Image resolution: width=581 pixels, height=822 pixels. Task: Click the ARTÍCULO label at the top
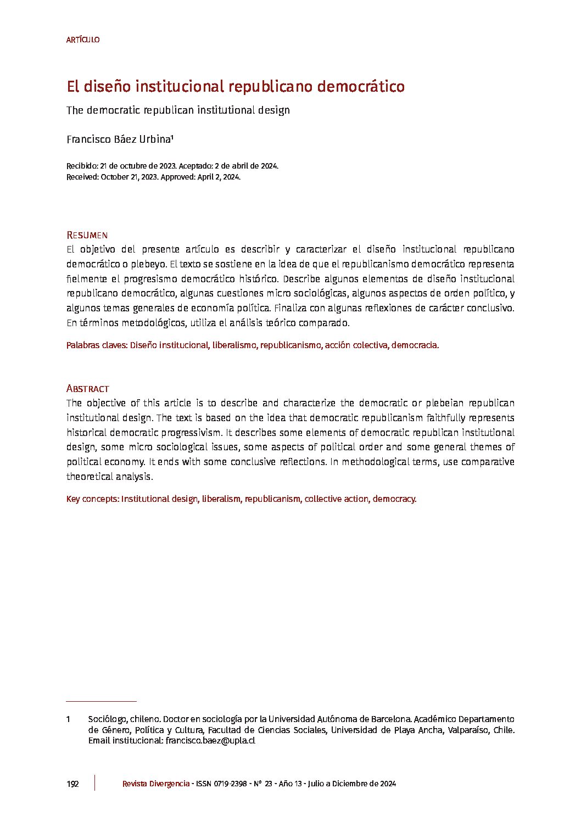(x=82, y=40)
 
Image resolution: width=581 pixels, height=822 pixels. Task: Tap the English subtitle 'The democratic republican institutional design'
(x=178, y=110)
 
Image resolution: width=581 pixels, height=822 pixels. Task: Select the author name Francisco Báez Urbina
(x=118, y=139)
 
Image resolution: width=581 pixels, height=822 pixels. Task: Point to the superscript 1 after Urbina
(x=172, y=137)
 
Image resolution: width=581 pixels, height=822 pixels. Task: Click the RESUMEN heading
(x=87, y=236)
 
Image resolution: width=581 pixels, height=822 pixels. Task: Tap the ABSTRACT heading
(x=87, y=389)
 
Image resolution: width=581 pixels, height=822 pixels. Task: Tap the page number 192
(x=72, y=784)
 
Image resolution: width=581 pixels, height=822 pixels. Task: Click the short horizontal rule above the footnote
(x=101, y=701)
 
